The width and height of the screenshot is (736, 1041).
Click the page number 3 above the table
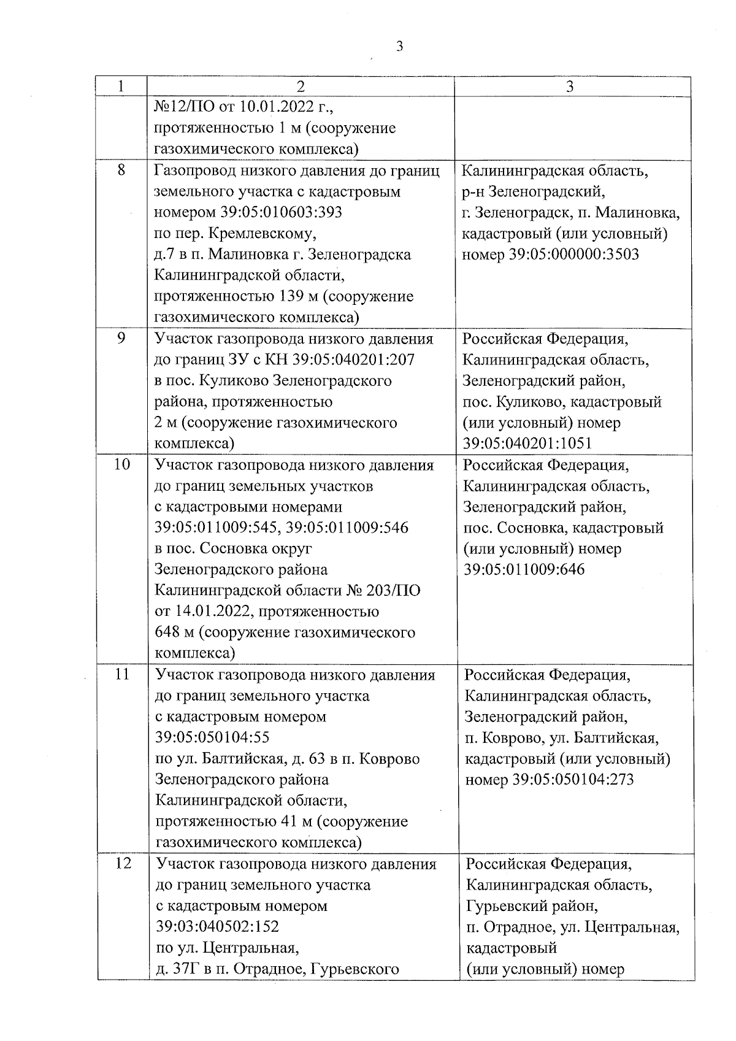coord(399,47)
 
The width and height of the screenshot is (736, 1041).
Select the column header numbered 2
coord(300,86)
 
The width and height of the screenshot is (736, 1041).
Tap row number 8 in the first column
coord(121,170)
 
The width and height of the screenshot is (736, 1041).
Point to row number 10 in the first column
coord(122,464)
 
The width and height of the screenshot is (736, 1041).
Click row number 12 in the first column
coord(123,864)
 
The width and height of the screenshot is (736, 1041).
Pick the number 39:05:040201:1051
coord(527,444)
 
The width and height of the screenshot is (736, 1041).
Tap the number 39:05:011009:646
coord(524,569)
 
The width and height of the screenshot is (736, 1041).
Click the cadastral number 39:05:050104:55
coord(213,737)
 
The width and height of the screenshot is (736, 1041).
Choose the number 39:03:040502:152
coord(218,926)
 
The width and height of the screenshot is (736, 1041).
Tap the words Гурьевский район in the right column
coord(532,905)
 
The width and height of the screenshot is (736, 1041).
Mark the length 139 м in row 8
coord(293,296)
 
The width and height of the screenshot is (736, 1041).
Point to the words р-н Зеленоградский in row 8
coord(534,191)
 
